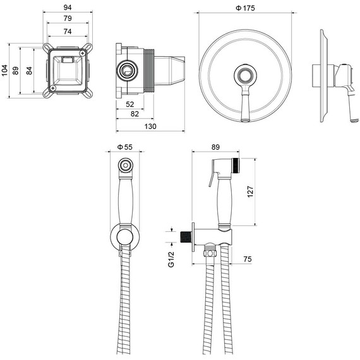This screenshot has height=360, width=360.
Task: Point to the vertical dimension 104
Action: click(4, 70)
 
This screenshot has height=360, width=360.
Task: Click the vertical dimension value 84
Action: click(28, 70)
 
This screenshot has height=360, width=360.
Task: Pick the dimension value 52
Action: click(129, 104)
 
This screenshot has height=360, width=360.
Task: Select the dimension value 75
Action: click(248, 258)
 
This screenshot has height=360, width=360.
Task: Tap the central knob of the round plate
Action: click(245, 77)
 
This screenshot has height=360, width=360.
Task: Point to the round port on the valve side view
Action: click(129, 69)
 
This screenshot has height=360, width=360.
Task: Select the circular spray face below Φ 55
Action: click(126, 166)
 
